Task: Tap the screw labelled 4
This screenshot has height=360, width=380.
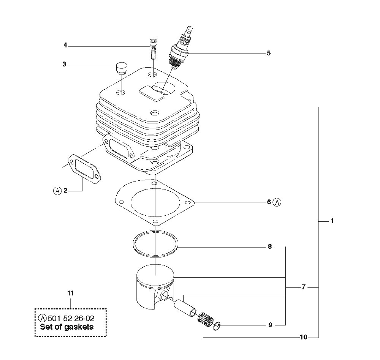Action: [x=153, y=49]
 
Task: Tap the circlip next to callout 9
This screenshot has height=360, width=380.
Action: [x=217, y=326]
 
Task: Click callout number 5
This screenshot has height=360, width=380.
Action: [x=269, y=53]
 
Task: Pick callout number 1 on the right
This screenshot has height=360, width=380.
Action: [x=332, y=221]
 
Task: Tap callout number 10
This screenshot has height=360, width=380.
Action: [x=303, y=337]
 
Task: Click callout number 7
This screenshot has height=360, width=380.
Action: [x=304, y=287]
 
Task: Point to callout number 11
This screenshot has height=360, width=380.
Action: [x=70, y=294]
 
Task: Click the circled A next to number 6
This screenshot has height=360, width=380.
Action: [x=277, y=202]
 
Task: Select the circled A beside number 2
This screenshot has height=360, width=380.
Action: [x=57, y=191]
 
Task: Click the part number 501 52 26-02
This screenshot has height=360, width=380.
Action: [x=71, y=318]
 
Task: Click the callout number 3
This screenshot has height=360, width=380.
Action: [x=64, y=65]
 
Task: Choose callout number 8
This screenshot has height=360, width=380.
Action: [x=270, y=246]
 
